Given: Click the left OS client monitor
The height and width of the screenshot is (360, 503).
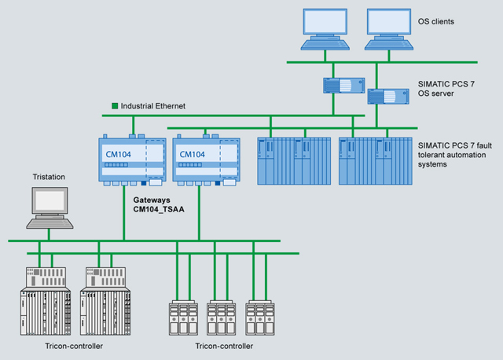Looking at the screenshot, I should [x=329, y=27].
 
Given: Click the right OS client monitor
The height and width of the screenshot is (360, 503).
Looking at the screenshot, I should [x=391, y=27].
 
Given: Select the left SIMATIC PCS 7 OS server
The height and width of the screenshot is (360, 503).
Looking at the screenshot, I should [x=342, y=83].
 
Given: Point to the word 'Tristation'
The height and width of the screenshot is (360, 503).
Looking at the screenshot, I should [x=48, y=177].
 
